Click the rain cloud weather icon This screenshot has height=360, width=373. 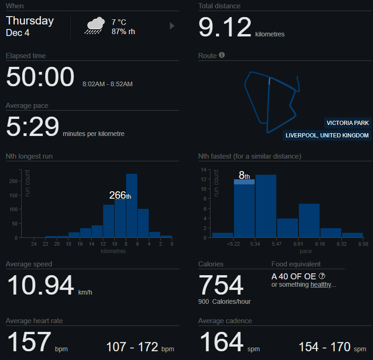[x=94, y=26]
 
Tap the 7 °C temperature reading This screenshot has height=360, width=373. [x=119, y=22]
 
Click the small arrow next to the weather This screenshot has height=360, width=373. [x=172, y=26]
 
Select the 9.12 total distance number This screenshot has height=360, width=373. [x=225, y=27]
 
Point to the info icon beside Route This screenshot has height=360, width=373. [x=222, y=55]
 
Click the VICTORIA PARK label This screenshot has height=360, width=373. [x=348, y=123]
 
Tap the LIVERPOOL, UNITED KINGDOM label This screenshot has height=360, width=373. [x=327, y=136]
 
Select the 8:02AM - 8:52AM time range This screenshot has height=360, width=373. [x=107, y=84]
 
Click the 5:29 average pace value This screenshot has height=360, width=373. [x=32, y=127]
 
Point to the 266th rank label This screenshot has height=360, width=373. [x=120, y=195]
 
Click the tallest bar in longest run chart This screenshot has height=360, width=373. [x=132, y=206]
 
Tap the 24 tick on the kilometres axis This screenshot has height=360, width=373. [x=34, y=244]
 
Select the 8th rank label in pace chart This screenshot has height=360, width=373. [x=244, y=175]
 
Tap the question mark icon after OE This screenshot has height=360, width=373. [x=322, y=276]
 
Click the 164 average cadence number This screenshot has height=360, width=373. [x=221, y=342]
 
